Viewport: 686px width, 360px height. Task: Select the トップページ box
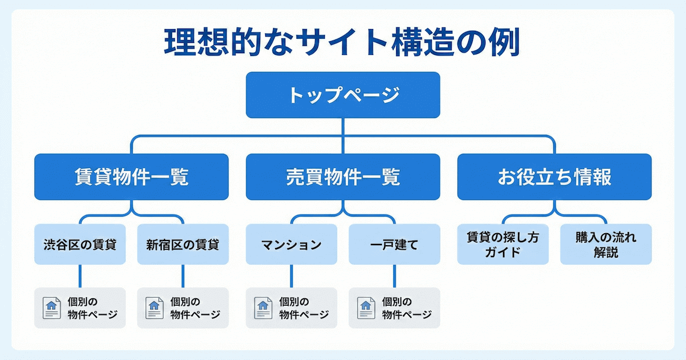pyautogui.click(x=342, y=95)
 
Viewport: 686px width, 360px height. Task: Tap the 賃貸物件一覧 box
pyautogui.click(x=131, y=177)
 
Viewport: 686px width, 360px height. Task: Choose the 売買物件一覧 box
pyautogui.click(x=342, y=177)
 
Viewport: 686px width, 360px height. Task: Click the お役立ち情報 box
pyautogui.click(x=554, y=177)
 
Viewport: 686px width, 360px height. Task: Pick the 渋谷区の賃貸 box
pyautogui.click(x=80, y=245)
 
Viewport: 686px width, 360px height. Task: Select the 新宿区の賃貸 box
pyautogui.click(x=182, y=245)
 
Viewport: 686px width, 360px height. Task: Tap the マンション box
pyautogui.click(x=292, y=245)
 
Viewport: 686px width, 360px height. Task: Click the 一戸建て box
pyautogui.click(x=394, y=245)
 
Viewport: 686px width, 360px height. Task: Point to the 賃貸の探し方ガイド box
pyautogui.click(x=502, y=245)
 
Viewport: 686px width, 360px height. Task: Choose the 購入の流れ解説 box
pyautogui.click(x=605, y=245)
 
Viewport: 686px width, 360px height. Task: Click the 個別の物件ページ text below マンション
pyautogui.click(x=304, y=308)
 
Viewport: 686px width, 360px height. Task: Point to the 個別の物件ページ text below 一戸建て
pyautogui.click(x=406, y=308)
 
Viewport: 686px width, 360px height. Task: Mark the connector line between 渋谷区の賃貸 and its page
pyautogui.click(x=80, y=276)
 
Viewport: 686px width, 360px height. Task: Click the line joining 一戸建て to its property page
pyautogui.click(x=394, y=276)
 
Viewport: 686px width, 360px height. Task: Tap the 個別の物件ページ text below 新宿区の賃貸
pyautogui.click(x=195, y=308)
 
